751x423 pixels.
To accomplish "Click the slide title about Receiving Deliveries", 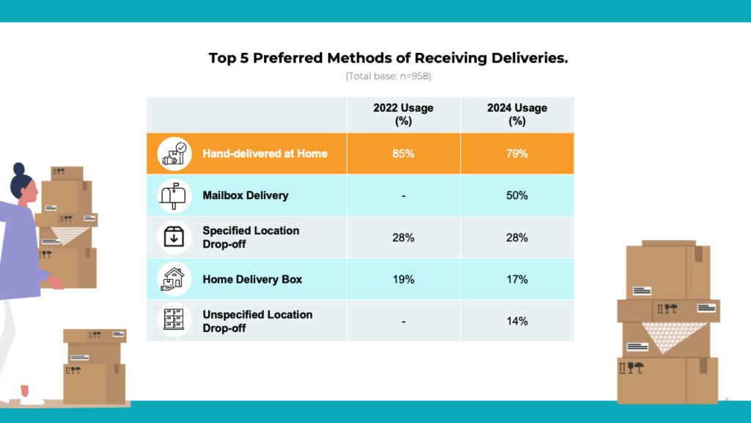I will [x=388, y=58].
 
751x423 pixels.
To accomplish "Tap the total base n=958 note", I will [x=388, y=76].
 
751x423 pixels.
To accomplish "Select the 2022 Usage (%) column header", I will [x=403, y=115].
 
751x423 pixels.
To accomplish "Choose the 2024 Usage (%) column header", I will [x=517, y=115].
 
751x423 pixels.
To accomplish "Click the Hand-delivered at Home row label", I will [x=265, y=153].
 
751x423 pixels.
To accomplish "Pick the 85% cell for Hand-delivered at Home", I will [x=403, y=153].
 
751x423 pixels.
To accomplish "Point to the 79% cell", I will [x=517, y=153].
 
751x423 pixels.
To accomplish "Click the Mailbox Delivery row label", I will [x=245, y=195].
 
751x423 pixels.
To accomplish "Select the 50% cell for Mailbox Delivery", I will [x=517, y=195].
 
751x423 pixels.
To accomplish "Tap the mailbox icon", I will [x=174, y=195].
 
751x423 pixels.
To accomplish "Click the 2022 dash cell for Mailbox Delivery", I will [x=403, y=195].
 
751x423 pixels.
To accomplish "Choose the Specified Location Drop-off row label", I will [x=251, y=236].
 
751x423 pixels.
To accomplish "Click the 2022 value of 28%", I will [x=403, y=237].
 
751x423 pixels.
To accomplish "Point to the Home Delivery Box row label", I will [x=252, y=279].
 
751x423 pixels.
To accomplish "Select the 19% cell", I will [x=403, y=279].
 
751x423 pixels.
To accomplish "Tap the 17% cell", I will [x=517, y=279].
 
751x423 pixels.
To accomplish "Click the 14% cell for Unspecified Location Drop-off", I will [x=517, y=321].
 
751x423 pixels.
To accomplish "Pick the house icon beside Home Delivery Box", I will [x=174, y=279].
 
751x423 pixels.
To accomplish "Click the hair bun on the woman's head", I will [x=19, y=169].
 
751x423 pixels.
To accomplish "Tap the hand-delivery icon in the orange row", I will [x=174, y=153].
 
